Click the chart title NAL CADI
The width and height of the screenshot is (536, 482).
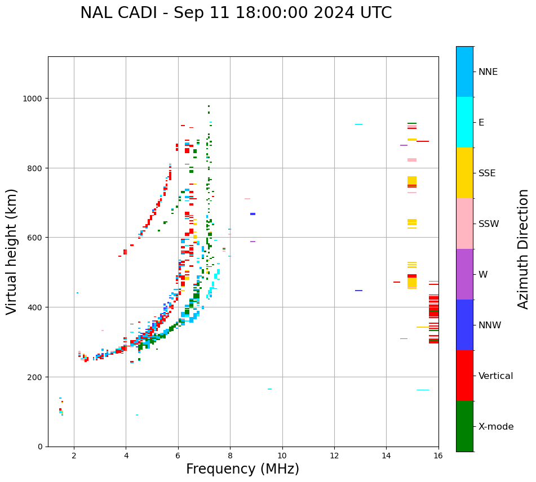[236, 13]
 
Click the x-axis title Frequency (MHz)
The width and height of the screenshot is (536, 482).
[242, 469]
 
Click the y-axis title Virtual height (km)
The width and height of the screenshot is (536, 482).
[12, 251]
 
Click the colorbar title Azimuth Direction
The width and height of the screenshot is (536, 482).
[524, 249]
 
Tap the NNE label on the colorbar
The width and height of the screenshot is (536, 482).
[488, 72]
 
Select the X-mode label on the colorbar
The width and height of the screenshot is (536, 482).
[496, 426]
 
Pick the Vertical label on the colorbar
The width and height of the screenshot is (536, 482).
[496, 376]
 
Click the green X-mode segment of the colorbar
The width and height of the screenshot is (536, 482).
[464, 426]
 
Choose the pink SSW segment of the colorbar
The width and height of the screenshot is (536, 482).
[464, 224]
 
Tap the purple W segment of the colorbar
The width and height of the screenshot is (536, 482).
[464, 274]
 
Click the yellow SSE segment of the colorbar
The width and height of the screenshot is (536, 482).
[464, 173]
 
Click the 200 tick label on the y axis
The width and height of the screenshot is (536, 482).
[36, 377]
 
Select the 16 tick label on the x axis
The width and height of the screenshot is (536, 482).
[438, 456]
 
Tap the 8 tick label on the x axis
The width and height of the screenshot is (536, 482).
[230, 456]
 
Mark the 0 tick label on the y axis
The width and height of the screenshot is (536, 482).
[41, 447]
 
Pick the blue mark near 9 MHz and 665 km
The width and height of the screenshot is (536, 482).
[253, 214]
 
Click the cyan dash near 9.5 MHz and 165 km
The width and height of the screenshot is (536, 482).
[269, 389]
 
